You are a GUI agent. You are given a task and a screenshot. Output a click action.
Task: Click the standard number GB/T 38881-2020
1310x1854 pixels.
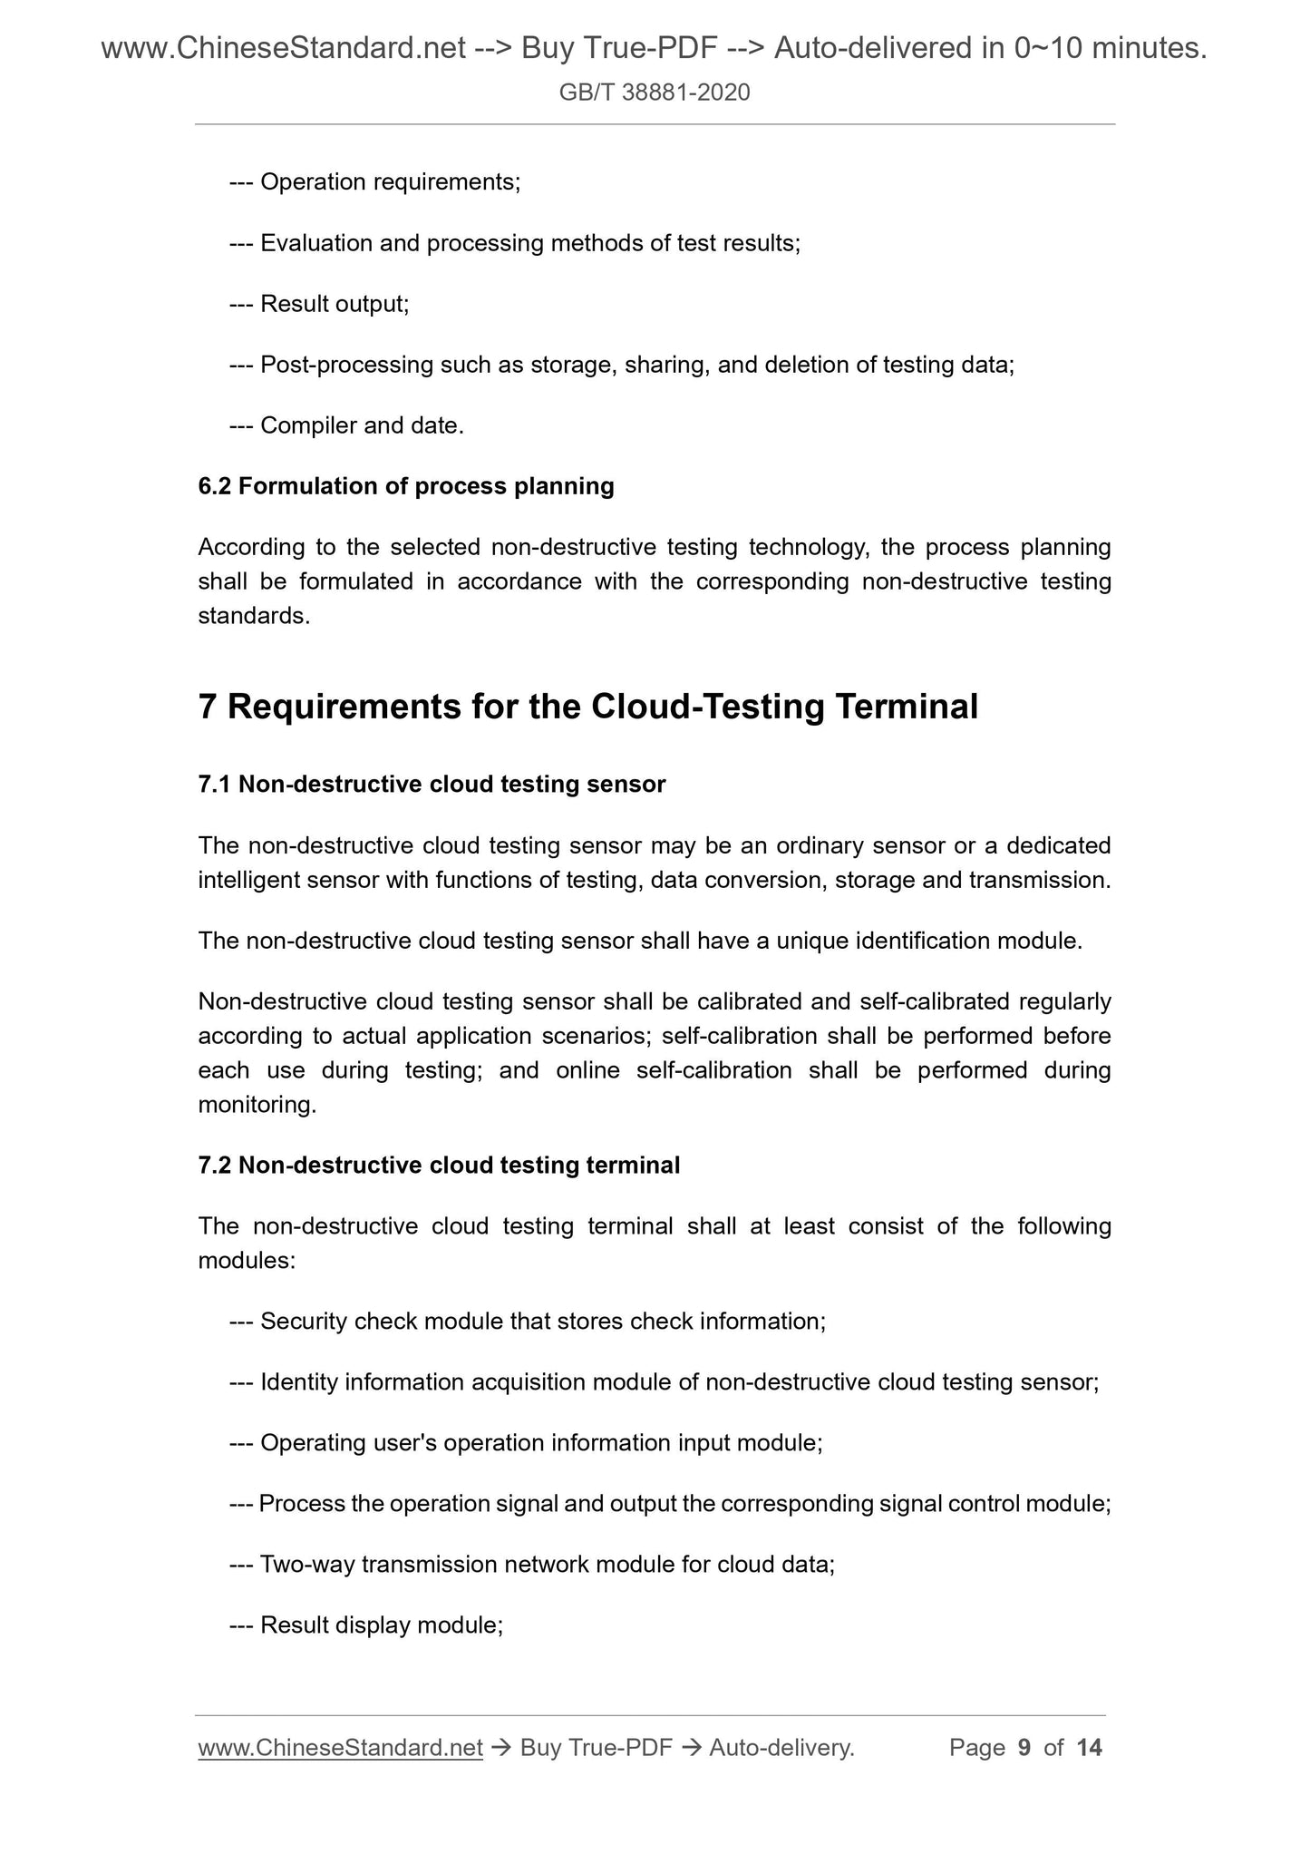point(654,92)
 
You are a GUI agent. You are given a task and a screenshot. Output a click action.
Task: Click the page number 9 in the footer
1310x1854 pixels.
point(1024,1748)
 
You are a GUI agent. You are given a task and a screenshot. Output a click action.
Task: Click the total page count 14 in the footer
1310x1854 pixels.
point(1089,1748)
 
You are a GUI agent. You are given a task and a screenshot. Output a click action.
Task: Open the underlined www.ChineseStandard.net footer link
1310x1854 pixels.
point(340,1748)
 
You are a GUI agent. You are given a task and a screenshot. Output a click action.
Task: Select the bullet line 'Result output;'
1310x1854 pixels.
point(334,304)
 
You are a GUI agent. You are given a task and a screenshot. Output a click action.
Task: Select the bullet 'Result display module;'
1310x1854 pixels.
point(381,1625)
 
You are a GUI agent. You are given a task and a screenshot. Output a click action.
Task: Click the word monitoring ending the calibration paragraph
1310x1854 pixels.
point(256,1105)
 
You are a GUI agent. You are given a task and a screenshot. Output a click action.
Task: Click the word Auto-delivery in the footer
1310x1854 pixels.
point(781,1748)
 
